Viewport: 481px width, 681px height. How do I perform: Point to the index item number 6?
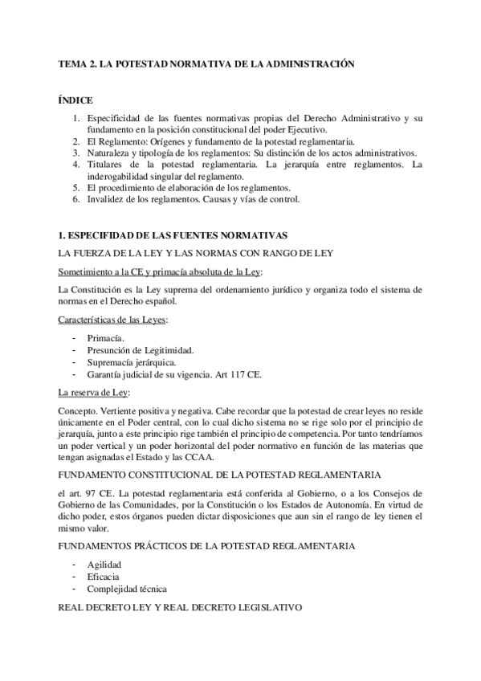(x=75, y=199)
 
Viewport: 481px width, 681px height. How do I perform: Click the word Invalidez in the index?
(x=105, y=199)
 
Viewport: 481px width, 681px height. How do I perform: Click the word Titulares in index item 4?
(x=105, y=165)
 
